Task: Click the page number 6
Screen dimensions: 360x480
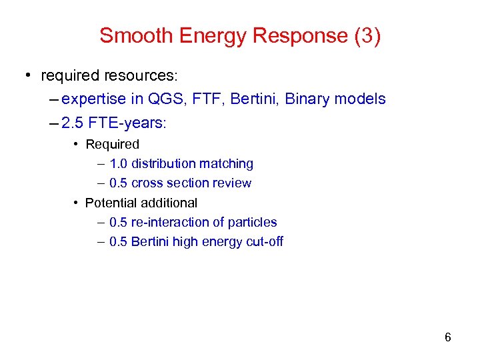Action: coord(448,337)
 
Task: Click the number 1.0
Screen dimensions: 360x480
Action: coord(119,163)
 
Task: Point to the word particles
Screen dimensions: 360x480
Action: coord(253,222)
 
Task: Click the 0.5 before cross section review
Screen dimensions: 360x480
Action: coord(119,183)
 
